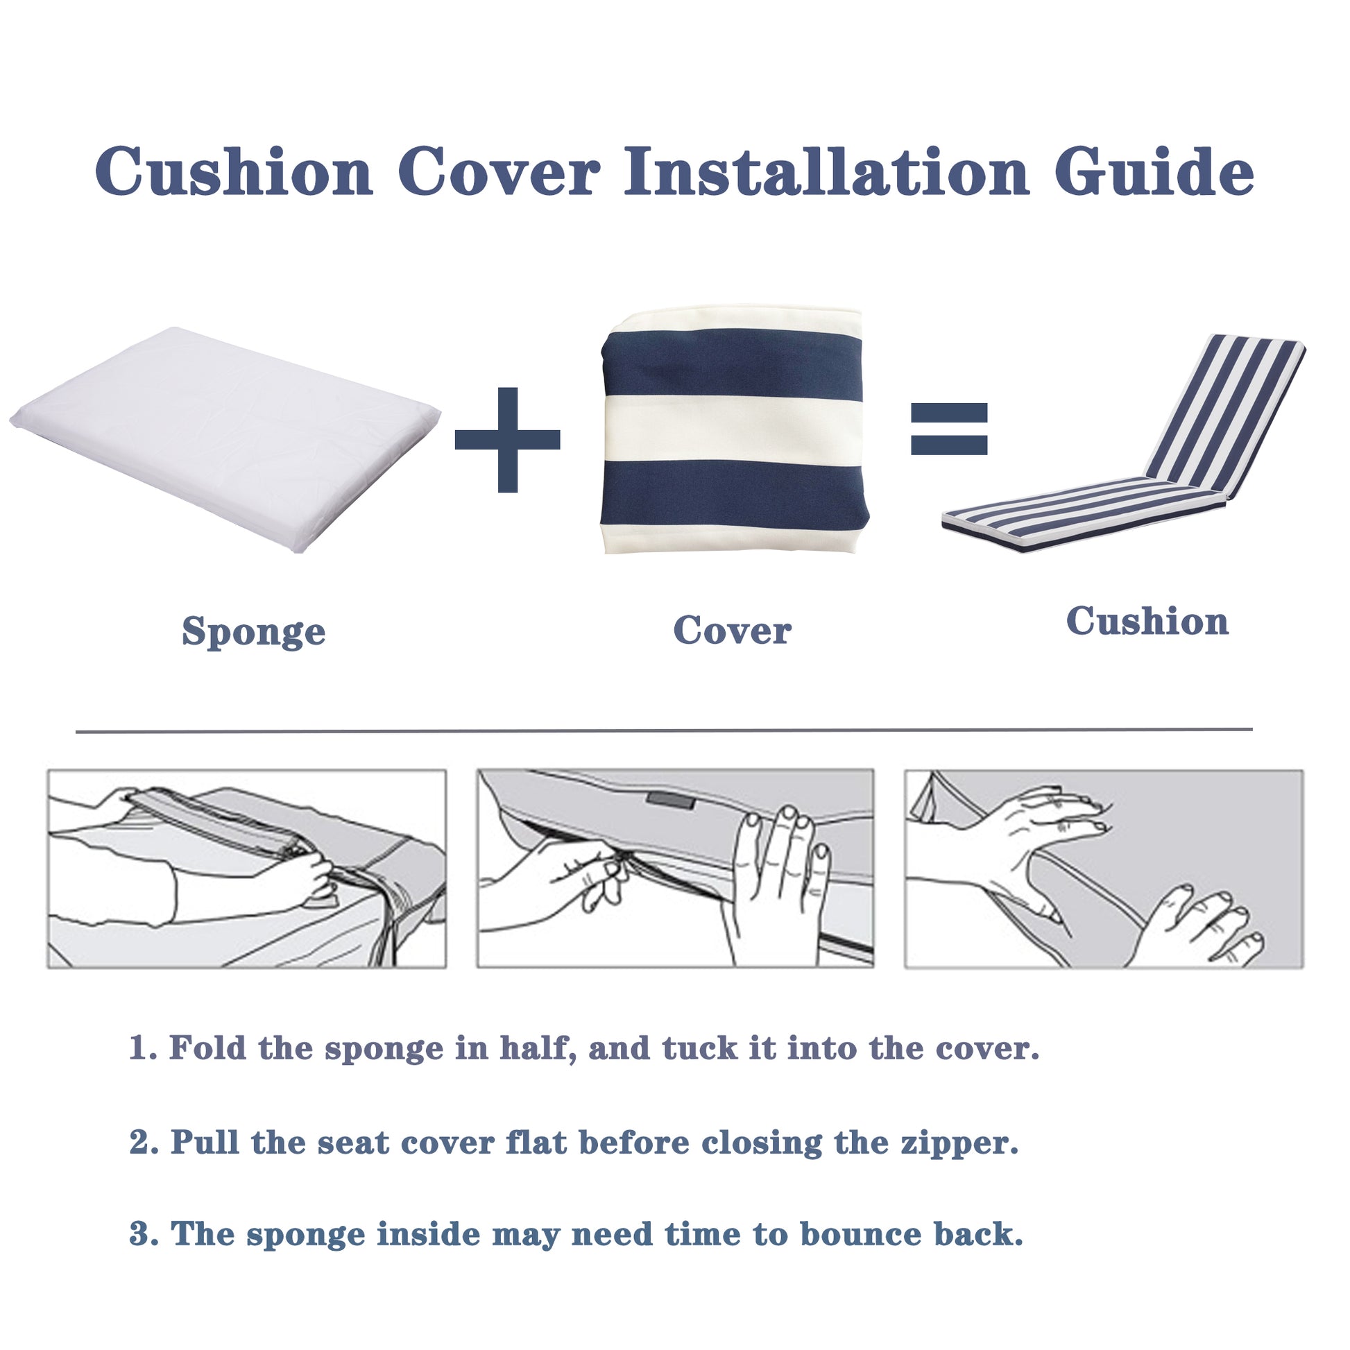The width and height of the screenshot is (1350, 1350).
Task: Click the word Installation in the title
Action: [x=826, y=172]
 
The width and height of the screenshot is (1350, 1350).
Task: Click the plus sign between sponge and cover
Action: [x=507, y=440]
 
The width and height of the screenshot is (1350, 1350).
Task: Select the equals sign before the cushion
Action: [x=948, y=428]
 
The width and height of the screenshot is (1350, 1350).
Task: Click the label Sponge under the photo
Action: [x=254, y=632]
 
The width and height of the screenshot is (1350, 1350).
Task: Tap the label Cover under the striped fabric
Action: [x=732, y=631]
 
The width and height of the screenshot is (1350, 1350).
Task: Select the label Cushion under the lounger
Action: [x=1147, y=621]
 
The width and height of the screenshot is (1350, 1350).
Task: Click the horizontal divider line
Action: [x=664, y=731]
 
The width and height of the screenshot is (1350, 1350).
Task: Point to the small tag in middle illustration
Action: [x=670, y=800]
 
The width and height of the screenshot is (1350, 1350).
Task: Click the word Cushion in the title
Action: [x=233, y=172]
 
